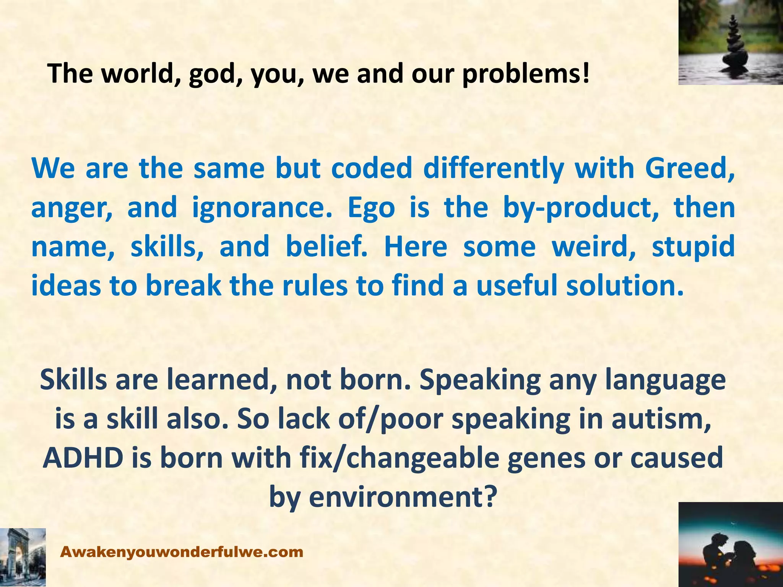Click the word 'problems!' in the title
pyautogui.click(x=526, y=73)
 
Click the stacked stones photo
pyautogui.click(x=730, y=42)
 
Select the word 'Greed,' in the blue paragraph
pyautogui.click(x=690, y=168)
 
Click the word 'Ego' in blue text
pyautogui.click(x=370, y=208)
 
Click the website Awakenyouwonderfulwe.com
pyautogui.click(x=182, y=552)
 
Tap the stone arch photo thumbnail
pyautogui.click(x=23, y=557)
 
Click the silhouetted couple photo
pyautogui.click(x=730, y=544)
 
